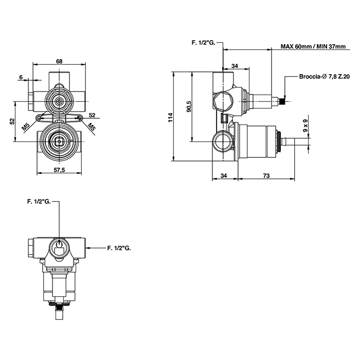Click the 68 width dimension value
click(x=59, y=61)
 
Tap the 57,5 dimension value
click(x=59, y=170)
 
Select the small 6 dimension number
click(x=22, y=77)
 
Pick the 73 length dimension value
click(x=266, y=176)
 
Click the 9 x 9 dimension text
click(x=305, y=127)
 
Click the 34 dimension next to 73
click(x=224, y=176)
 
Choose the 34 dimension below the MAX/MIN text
click(x=235, y=65)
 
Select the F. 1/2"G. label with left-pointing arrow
click(x=119, y=248)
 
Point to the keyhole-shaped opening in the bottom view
click(x=60, y=244)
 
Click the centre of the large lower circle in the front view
click(x=60, y=140)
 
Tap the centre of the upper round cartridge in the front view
click(x=60, y=101)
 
